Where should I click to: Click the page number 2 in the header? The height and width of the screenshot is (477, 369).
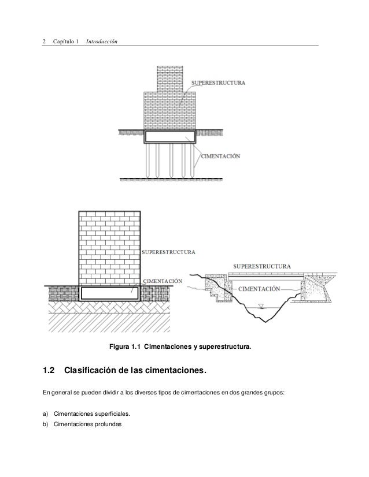tap(45, 42)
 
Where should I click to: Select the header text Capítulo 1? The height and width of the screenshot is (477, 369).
tap(65, 42)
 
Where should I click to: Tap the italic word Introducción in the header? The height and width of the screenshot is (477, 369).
tap(101, 42)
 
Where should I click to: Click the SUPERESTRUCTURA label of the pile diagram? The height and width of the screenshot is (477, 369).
tap(218, 83)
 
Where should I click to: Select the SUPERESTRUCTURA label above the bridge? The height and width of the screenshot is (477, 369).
tap(261, 266)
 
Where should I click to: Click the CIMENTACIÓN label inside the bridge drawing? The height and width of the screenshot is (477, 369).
tap(260, 288)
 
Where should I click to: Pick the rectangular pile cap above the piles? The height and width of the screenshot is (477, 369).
tap(170, 137)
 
